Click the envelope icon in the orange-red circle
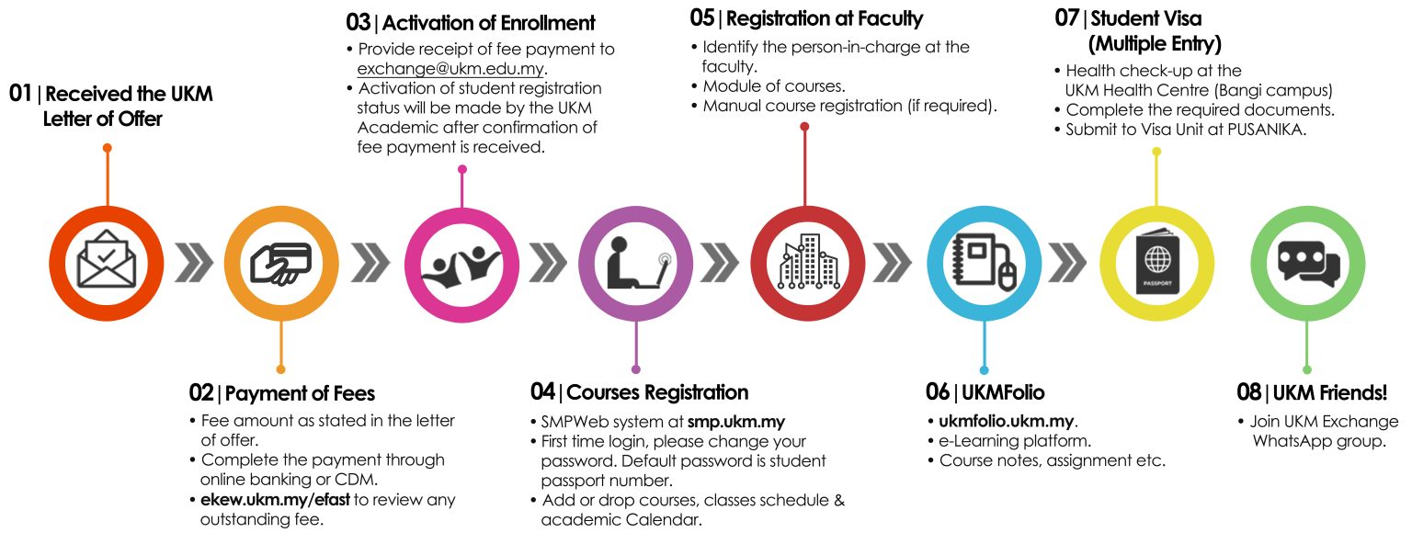tap(107, 264)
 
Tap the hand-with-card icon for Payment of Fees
tap(281, 264)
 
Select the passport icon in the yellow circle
tap(1157, 264)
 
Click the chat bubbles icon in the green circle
tap(1306, 264)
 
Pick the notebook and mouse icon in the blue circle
tap(983, 264)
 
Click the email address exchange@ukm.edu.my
tap(452, 69)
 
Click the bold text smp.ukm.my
tap(736, 422)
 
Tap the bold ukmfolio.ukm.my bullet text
tap(1006, 422)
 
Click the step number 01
tap(21, 94)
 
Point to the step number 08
tap(1249, 392)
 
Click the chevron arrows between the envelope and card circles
tap(194, 264)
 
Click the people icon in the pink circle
tap(461, 264)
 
